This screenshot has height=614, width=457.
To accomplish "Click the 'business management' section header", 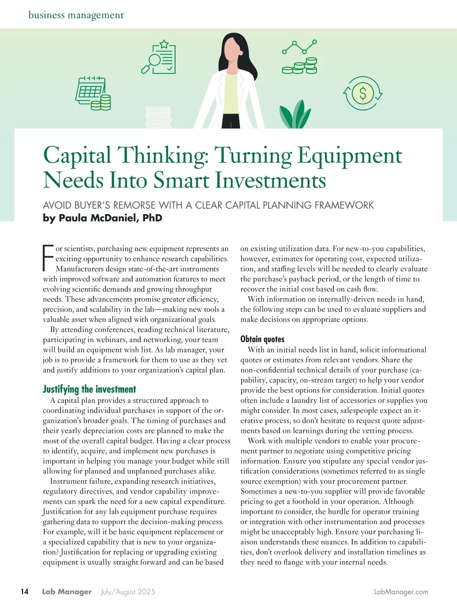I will (x=76, y=15).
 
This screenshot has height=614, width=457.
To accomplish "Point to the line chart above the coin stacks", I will (x=299, y=47).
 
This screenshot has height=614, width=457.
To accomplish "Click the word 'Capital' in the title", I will (x=77, y=155).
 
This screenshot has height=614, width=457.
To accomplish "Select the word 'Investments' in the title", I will (x=270, y=180).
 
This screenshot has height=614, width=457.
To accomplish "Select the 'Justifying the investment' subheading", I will (x=89, y=389).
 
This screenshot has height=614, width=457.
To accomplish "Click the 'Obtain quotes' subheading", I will (x=262, y=339).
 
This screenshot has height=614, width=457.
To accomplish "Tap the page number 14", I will (x=24, y=592).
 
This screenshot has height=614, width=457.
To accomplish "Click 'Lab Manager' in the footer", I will (x=67, y=592).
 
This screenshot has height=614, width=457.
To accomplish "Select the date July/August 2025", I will (x=128, y=592).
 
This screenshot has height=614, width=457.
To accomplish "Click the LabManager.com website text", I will (x=401, y=592).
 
